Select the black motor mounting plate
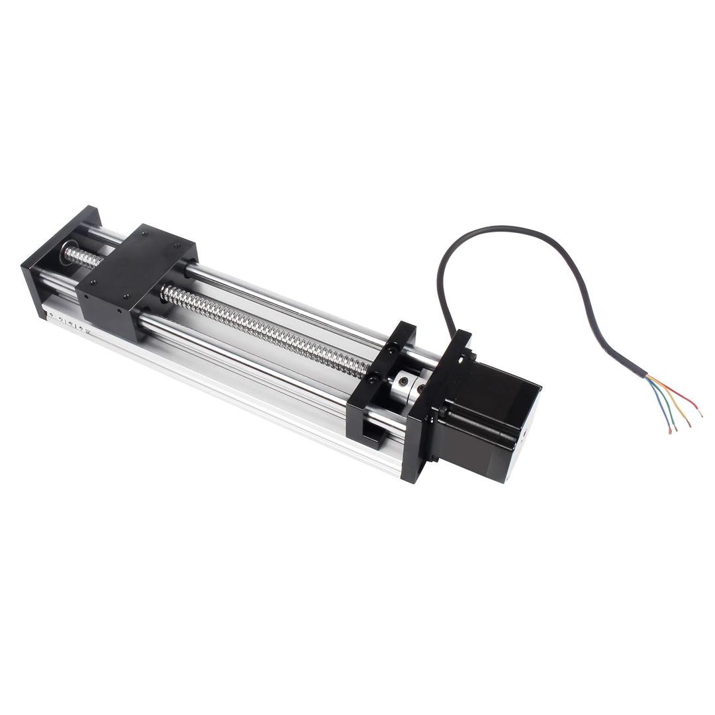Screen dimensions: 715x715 pyautogui.click(x=434, y=397)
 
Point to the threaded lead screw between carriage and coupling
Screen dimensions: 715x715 pyautogui.click(x=265, y=328)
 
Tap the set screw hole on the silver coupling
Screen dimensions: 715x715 pyautogui.click(x=402, y=382)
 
